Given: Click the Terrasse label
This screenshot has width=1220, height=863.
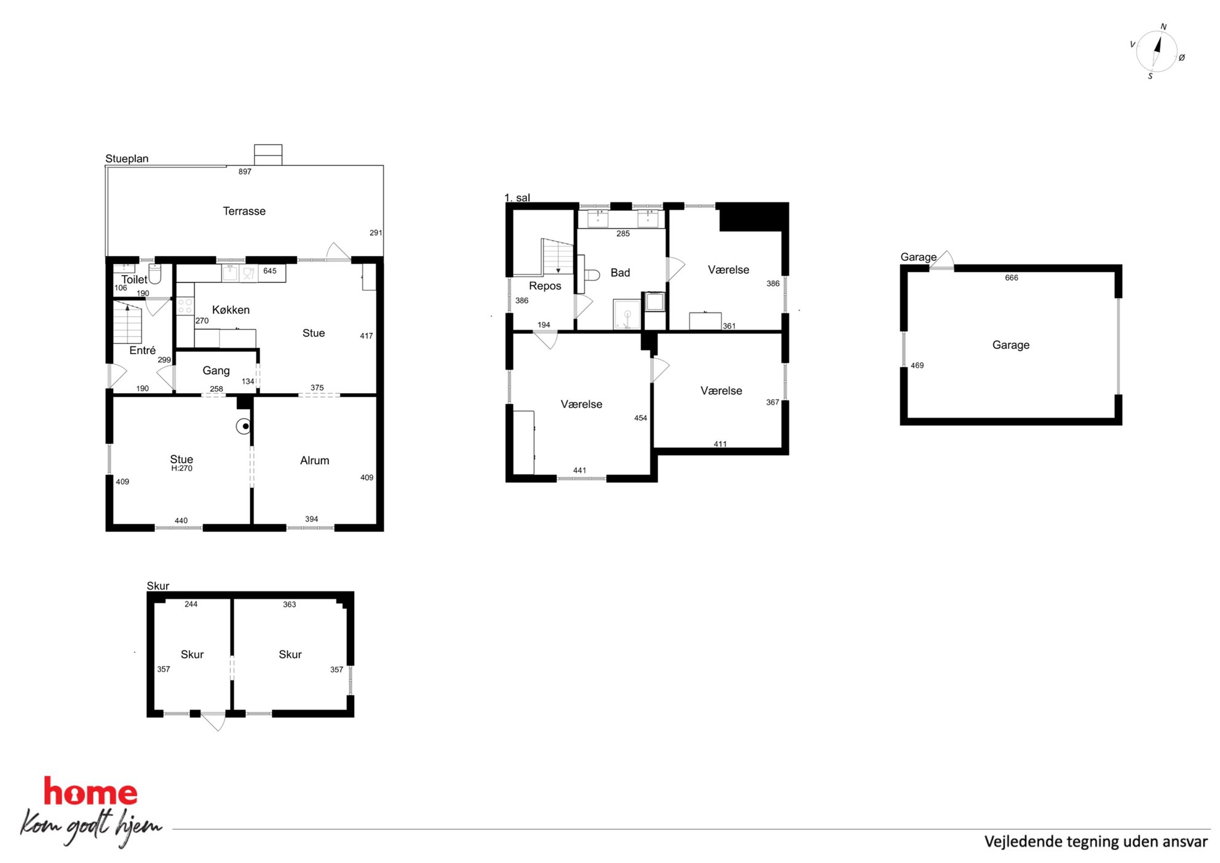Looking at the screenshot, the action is tap(244, 211).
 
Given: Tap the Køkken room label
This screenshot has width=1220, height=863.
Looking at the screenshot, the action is tap(231, 309).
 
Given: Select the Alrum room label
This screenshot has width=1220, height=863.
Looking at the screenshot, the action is tap(314, 460).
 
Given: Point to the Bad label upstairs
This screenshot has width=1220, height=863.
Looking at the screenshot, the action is tap(620, 272).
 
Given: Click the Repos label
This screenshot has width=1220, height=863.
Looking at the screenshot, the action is tap(545, 286).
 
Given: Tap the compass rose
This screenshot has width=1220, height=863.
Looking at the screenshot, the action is tap(1157, 52).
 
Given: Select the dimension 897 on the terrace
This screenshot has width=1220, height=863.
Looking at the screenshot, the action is tap(245, 172).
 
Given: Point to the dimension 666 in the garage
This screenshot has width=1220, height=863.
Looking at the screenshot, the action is tap(1011, 277).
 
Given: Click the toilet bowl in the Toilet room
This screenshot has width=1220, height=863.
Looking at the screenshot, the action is tap(155, 274).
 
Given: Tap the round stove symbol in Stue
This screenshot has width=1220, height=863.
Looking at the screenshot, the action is tap(244, 426).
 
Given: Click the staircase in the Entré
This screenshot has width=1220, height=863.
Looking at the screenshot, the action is tap(127, 323).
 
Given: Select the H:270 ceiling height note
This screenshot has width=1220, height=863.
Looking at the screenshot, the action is tap(181, 468).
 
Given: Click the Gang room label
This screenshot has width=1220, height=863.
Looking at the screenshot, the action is tap(216, 370).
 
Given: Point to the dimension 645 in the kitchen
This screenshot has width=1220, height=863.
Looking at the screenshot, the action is tap(269, 271).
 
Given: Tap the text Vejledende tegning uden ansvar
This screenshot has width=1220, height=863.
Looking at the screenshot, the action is tap(1096, 841).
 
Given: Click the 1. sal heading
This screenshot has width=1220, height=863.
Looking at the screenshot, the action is tap(517, 197).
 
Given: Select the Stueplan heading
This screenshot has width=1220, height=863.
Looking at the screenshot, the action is tap(127, 159).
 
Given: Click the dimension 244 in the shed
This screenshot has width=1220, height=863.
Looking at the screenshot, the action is tap(191, 604).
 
